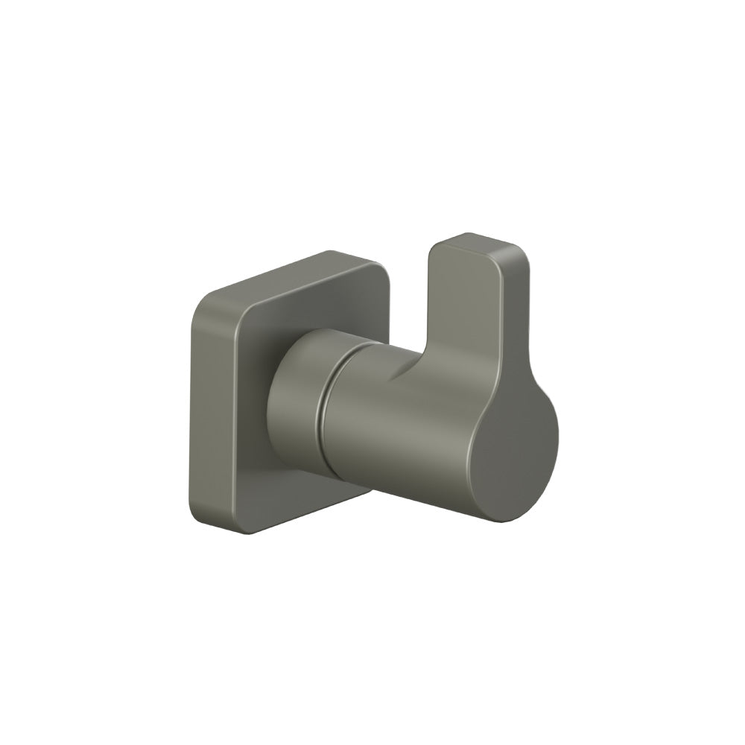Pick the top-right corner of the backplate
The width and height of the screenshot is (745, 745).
tap(376, 262)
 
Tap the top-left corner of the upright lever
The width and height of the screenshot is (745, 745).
tap(436, 250)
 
